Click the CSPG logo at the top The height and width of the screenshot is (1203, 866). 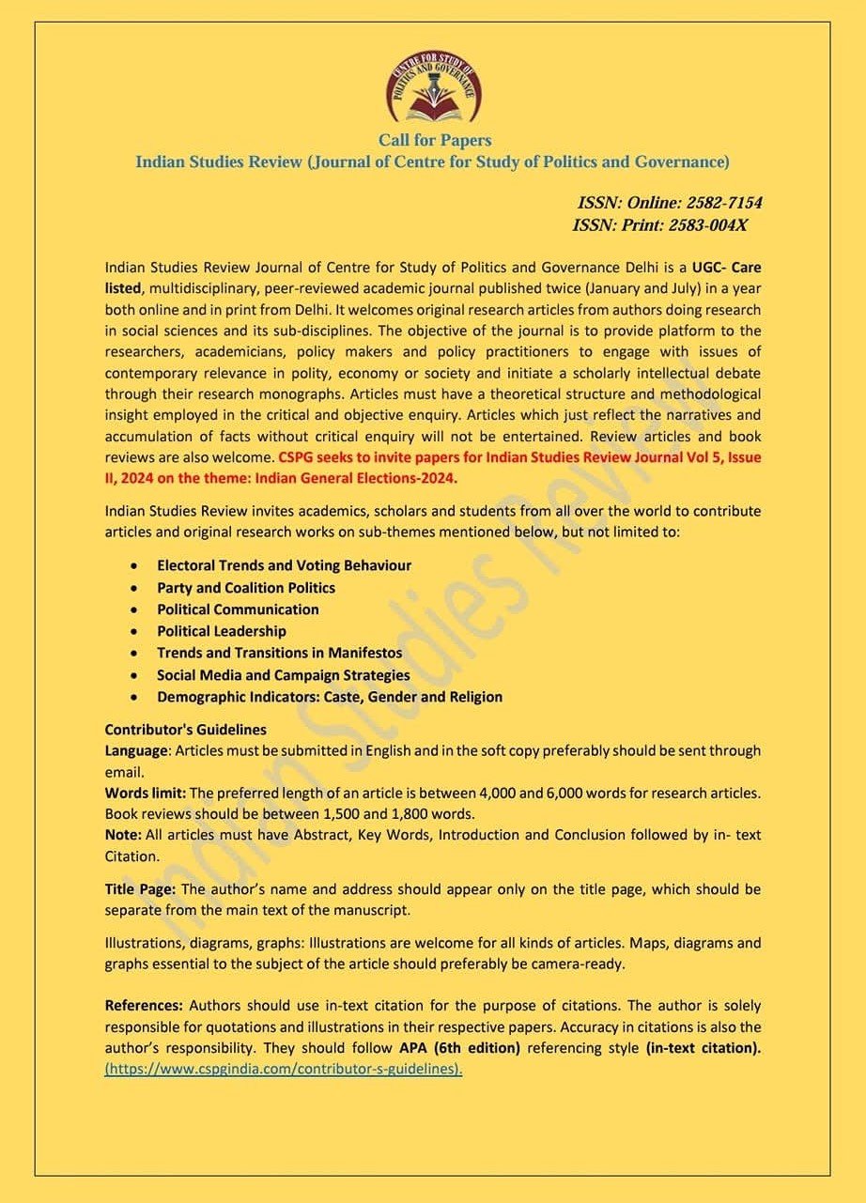434,88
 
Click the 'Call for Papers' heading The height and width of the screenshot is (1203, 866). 434,140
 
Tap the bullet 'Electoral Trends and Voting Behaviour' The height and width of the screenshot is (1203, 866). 284,565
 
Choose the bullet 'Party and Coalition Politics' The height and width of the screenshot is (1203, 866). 246,588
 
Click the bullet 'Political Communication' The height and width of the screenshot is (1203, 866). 238,609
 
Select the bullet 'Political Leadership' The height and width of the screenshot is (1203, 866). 222,631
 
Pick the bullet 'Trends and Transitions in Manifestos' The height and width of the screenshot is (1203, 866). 279,653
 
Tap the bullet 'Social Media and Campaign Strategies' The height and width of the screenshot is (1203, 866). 283,675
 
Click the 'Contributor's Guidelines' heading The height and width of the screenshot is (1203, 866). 185,730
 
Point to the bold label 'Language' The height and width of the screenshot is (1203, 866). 135,751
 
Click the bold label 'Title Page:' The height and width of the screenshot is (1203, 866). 140,888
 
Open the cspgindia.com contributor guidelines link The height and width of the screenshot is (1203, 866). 284,1069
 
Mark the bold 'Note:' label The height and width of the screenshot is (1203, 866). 123,835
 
